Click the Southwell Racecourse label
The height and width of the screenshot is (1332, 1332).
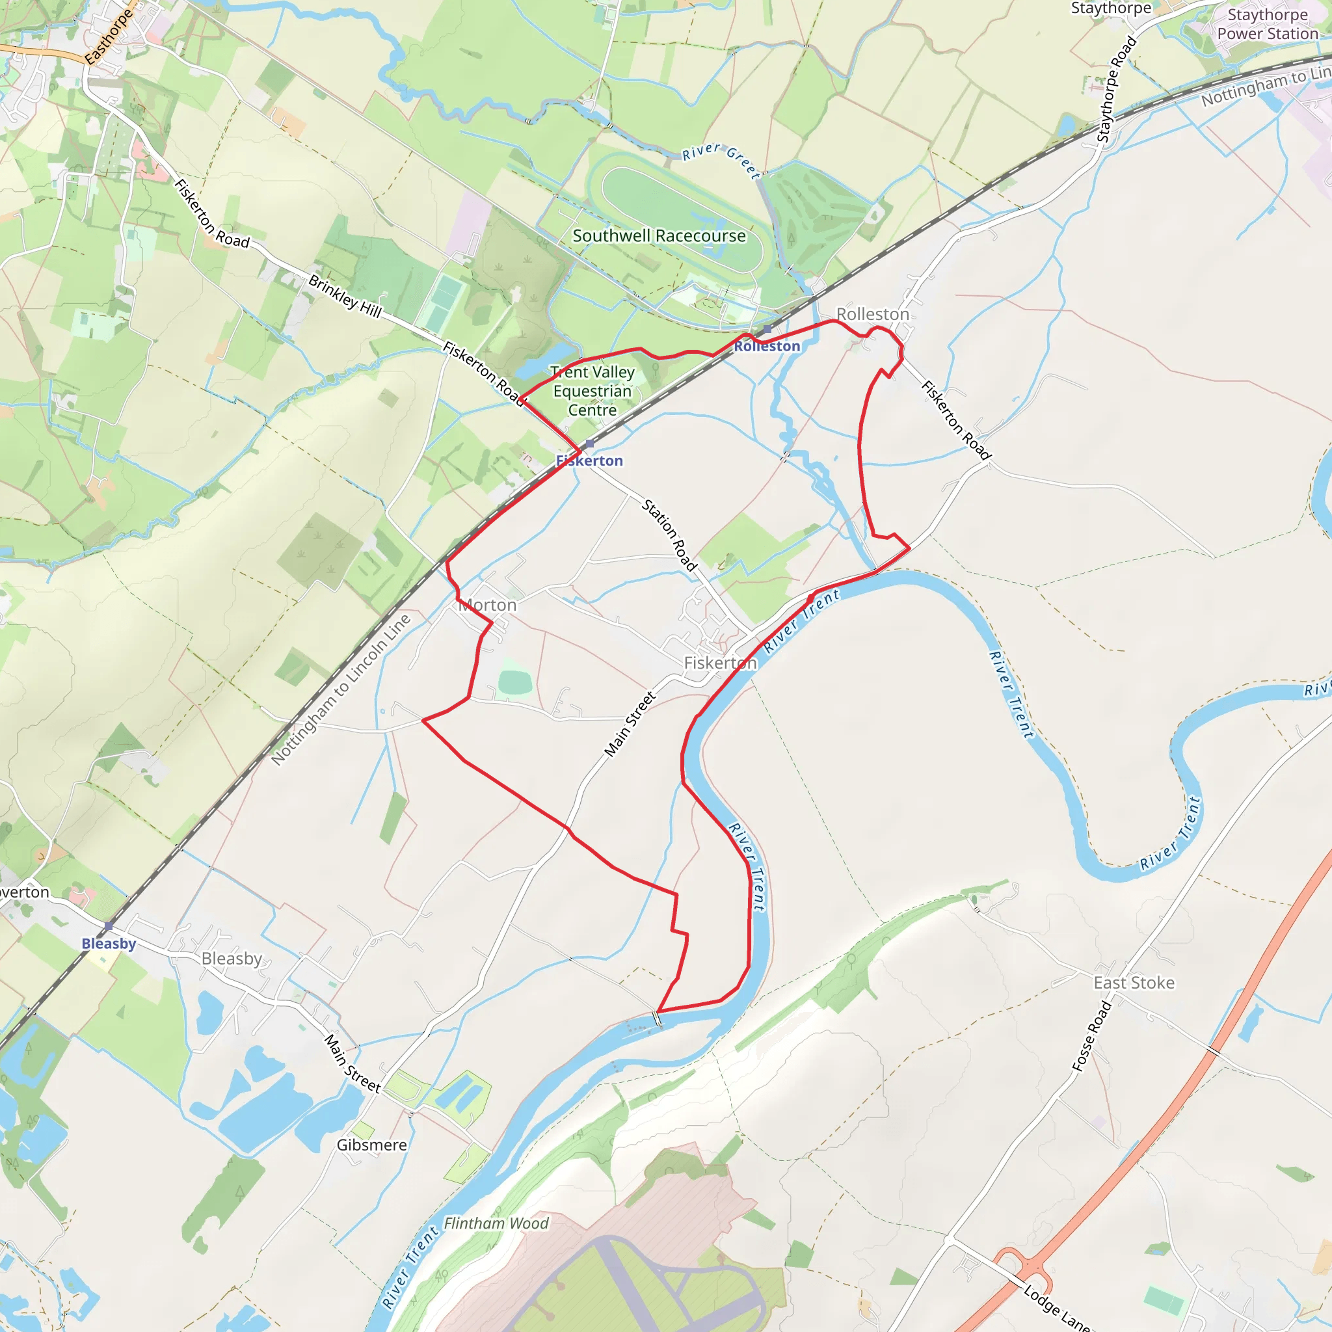[x=659, y=236]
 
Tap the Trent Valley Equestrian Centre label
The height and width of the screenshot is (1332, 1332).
[x=593, y=391]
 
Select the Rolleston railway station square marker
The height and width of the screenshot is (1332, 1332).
[x=767, y=330]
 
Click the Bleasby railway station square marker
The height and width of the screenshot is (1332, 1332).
[x=109, y=926]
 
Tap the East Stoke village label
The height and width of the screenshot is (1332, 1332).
[x=1134, y=983]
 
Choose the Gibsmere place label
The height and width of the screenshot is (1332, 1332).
[x=371, y=1145]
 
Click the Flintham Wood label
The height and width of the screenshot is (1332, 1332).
[x=496, y=1224]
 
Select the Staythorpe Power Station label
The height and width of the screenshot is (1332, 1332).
[x=1267, y=24]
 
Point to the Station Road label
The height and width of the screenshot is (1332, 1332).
[x=669, y=535]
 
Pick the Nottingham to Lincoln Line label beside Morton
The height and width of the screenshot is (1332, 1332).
[x=341, y=689]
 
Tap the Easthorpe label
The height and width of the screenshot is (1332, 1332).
[x=109, y=36]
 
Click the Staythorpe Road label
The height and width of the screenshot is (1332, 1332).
[x=1116, y=89]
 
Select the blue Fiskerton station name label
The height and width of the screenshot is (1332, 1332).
[x=589, y=460]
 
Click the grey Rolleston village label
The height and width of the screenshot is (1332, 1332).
[x=872, y=314]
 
